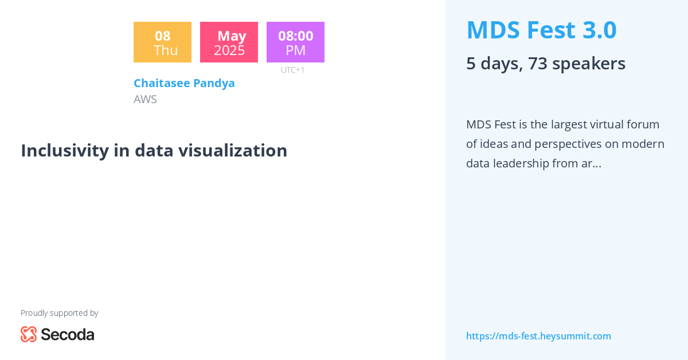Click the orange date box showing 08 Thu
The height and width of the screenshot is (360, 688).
pyautogui.click(x=162, y=42)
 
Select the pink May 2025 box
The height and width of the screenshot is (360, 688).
pyautogui.click(x=229, y=42)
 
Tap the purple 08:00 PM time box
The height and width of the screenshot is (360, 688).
pyautogui.click(x=295, y=42)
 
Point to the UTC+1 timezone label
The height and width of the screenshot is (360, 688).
pyautogui.click(x=292, y=70)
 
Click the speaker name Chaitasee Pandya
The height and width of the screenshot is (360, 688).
pyautogui.click(x=184, y=83)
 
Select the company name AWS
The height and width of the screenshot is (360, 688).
pyautogui.click(x=145, y=99)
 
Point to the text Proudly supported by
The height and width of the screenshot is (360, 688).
pyautogui.click(x=59, y=313)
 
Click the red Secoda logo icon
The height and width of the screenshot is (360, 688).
pyautogui.click(x=29, y=334)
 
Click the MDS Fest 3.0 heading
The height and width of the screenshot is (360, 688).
pyautogui.click(x=541, y=30)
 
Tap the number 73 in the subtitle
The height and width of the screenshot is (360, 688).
pyautogui.click(x=538, y=63)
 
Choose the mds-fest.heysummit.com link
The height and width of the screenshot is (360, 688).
pyautogui.click(x=538, y=336)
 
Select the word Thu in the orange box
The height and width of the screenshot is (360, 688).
pyautogui.click(x=166, y=50)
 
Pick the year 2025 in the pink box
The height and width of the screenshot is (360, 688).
pyautogui.click(x=229, y=50)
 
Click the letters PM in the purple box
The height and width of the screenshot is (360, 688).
pyautogui.click(x=296, y=50)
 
